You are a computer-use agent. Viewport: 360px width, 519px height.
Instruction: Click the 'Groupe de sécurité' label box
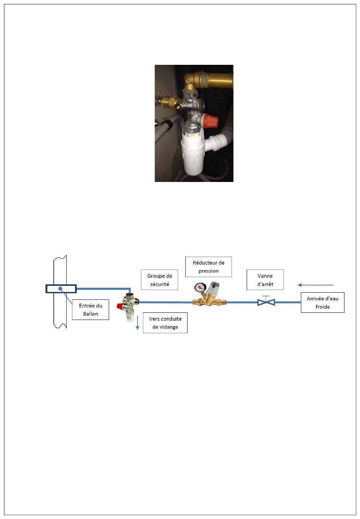(160, 280)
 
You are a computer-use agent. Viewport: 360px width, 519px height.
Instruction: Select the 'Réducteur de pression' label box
(208, 267)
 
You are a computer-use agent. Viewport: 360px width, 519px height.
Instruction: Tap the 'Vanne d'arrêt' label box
(265, 280)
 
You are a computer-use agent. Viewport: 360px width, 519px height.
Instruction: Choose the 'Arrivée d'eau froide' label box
(322, 303)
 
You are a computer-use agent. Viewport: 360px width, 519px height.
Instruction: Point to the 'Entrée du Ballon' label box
(90, 310)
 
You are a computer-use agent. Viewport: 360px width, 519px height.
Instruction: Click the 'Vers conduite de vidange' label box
(165, 323)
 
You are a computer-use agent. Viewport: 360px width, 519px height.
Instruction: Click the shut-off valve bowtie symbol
(266, 302)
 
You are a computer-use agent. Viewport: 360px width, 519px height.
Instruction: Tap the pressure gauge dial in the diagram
(199, 287)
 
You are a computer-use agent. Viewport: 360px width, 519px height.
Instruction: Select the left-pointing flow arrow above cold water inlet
(316, 285)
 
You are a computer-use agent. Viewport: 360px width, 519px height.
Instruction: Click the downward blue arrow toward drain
(138, 323)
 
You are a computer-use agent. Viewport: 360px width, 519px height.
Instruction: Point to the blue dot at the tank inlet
(61, 289)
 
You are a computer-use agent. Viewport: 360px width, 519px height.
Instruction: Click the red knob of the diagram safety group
(121, 306)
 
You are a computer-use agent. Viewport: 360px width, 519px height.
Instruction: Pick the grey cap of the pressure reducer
(213, 287)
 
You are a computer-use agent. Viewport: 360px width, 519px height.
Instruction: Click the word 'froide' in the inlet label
(322, 307)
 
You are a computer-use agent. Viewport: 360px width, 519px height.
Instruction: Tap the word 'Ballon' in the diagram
(91, 314)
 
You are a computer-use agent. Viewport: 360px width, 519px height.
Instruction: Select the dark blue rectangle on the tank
(61, 289)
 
